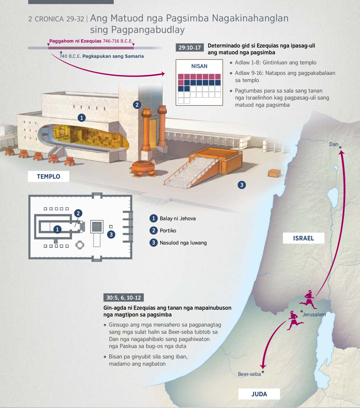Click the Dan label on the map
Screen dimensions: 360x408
click(334, 144)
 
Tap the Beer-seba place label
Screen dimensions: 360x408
click(249, 374)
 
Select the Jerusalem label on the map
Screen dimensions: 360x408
click(314, 315)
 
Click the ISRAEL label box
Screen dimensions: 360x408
click(303, 238)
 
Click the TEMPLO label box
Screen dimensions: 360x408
click(48, 176)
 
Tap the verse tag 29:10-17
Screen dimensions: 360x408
click(190, 47)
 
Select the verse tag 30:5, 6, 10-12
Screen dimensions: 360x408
click(124, 297)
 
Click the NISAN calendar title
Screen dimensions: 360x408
click(199, 66)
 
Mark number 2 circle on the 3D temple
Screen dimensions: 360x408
click(137, 105)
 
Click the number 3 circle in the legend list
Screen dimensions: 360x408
click(154, 243)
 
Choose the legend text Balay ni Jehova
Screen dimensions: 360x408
click(178, 218)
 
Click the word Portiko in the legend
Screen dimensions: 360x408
click(168, 231)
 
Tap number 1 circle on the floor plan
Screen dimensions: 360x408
click(57, 229)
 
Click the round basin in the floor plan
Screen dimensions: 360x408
click(80, 245)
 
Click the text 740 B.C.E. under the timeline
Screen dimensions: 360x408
click(70, 56)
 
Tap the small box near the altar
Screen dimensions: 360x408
click(274, 173)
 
